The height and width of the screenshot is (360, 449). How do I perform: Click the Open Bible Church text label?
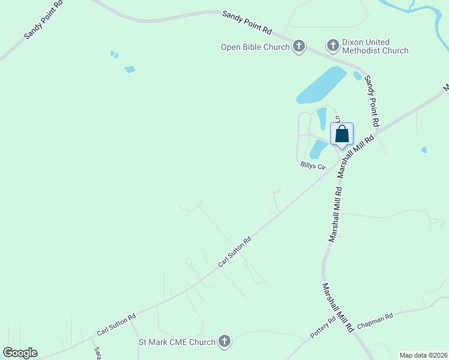255,47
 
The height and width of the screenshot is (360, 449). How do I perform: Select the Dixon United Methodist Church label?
375,46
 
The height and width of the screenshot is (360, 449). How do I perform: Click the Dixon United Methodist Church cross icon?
333,45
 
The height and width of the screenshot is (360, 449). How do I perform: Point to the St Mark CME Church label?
177,343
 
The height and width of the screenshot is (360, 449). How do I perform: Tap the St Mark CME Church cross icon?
224,342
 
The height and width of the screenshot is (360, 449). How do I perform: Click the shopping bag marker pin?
342,134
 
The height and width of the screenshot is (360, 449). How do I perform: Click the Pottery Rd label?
323,328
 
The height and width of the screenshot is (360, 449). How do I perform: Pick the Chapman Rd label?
375,321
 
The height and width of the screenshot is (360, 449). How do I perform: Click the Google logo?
20,353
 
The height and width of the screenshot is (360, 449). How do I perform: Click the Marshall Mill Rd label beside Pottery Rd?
337,308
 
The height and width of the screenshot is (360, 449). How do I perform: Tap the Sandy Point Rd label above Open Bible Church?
247,22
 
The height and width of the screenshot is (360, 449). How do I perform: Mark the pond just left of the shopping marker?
318,149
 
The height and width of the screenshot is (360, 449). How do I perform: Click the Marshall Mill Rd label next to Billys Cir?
356,154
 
